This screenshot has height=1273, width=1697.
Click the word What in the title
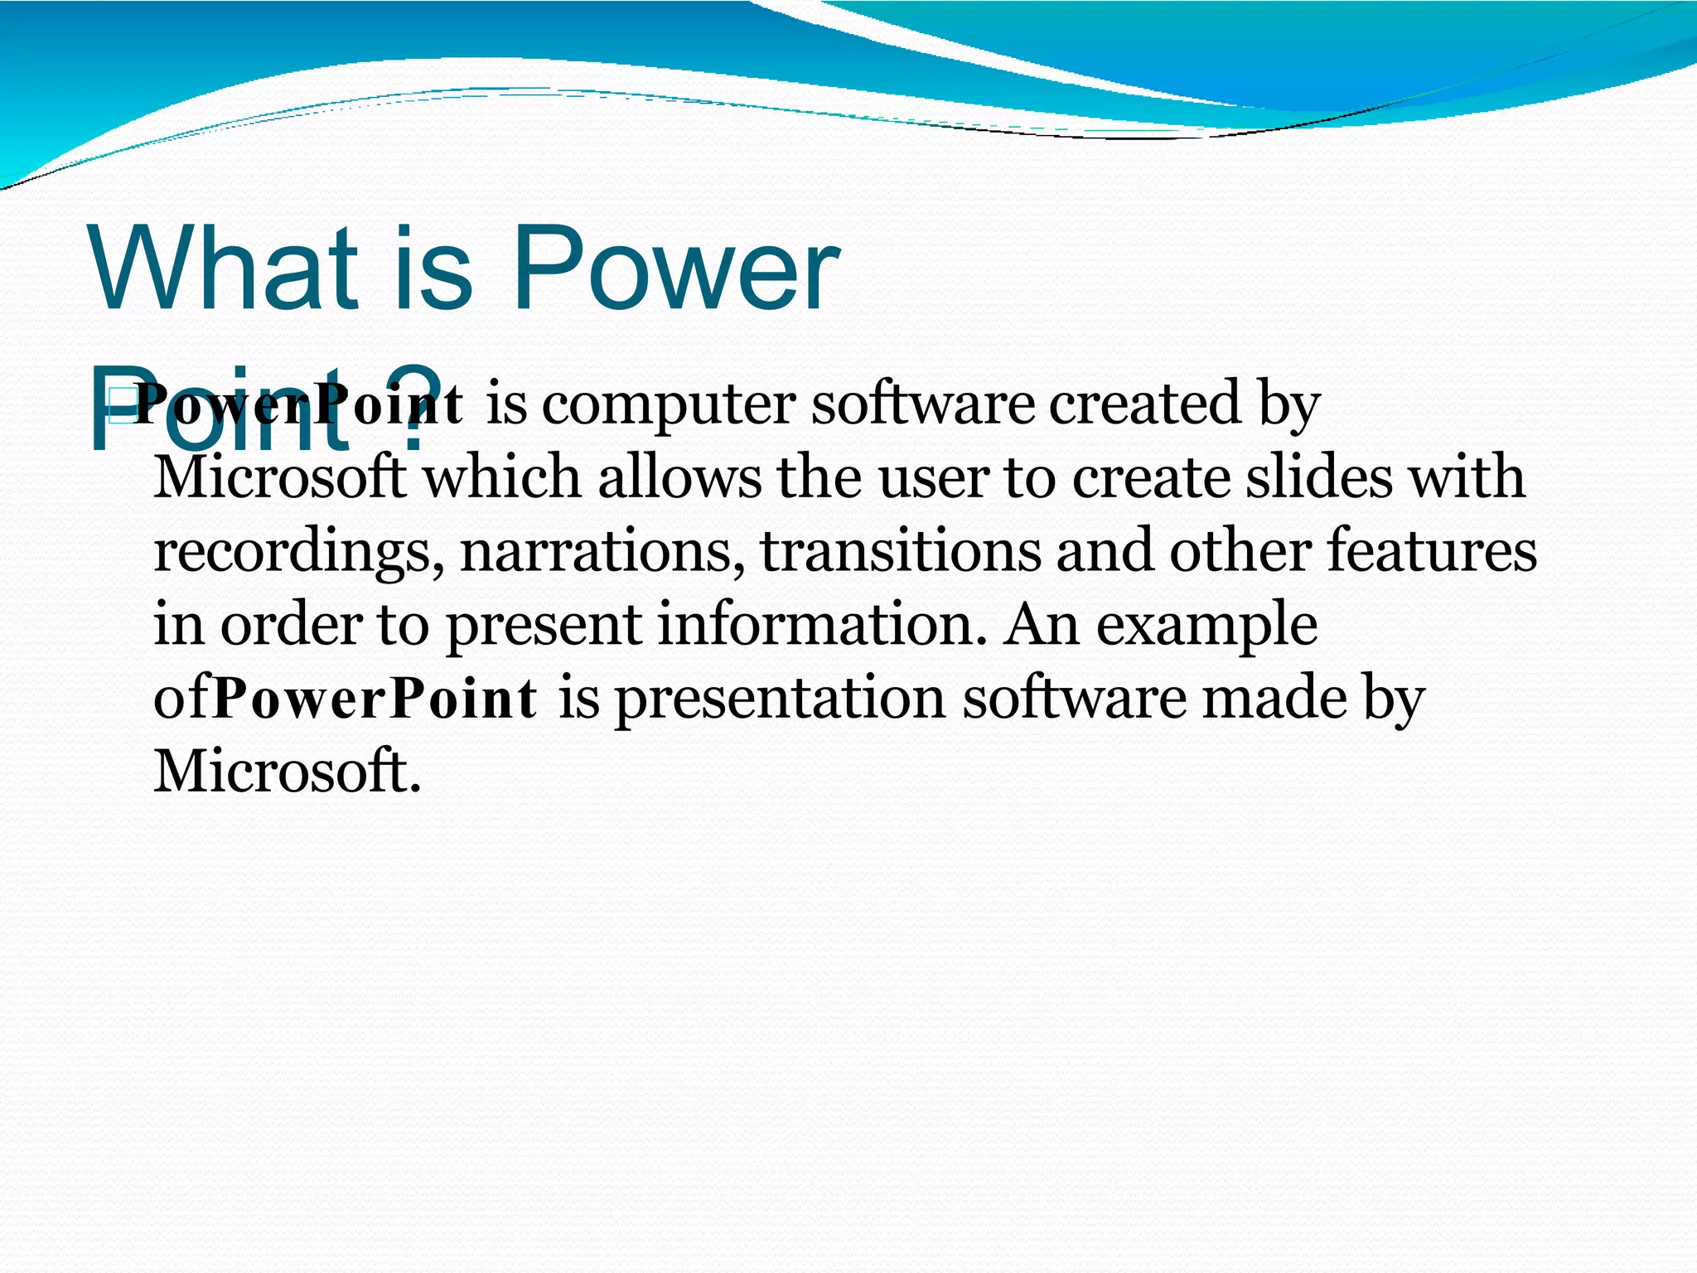[224, 269]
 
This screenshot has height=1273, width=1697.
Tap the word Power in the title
[675, 269]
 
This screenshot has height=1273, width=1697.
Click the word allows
[679, 478]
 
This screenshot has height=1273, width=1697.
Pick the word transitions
[900, 552]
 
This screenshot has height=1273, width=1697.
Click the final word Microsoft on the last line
[287, 772]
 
